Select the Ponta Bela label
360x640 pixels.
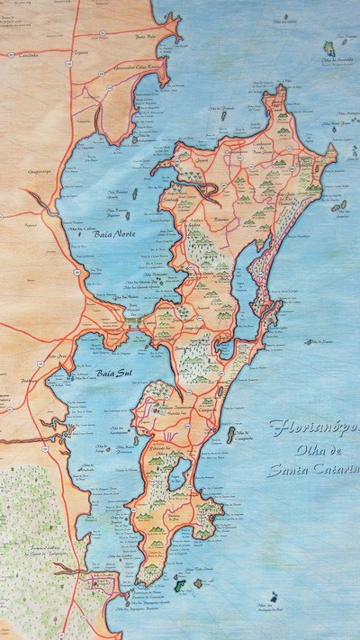[x=146, y=37]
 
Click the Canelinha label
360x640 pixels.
[x=24, y=55]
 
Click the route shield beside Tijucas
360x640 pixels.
[x=103, y=33]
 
